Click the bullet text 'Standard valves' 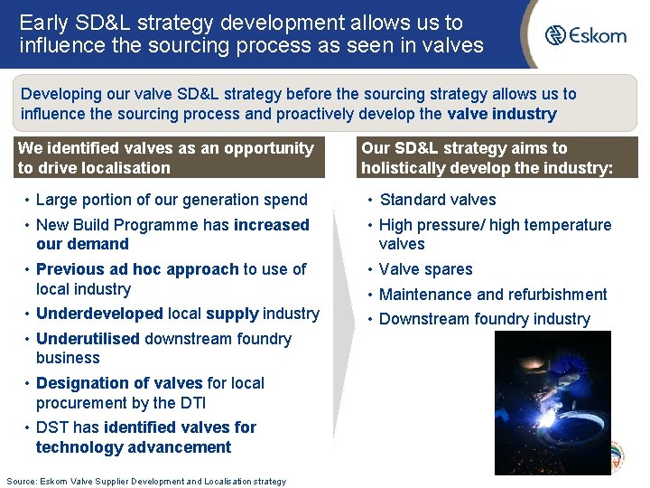coord(437,200)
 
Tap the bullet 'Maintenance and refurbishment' coord(493,295)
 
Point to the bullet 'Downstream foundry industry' coord(484,319)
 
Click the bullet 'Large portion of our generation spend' coord(172,200)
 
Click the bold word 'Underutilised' coord(88,339)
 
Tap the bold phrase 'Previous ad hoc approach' coord(137,269)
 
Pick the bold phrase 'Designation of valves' coord(112,383)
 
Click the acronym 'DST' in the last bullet coord(53,427)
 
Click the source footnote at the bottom coord(145,481)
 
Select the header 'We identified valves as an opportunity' coord(166,148)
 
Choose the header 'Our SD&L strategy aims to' coord(464,148)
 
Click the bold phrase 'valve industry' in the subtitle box coord(501,114)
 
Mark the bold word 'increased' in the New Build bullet coord(271,225)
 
